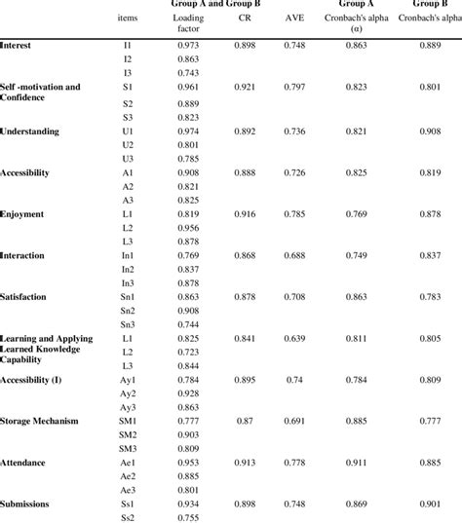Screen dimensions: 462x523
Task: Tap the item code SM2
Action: click(129, 434)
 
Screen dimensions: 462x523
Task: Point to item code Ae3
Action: click(129, 490)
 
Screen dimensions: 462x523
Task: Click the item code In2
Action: click(129, 269)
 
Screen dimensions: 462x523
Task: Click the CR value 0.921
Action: click(244, 88)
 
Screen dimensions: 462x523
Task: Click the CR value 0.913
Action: click(244, 463)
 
